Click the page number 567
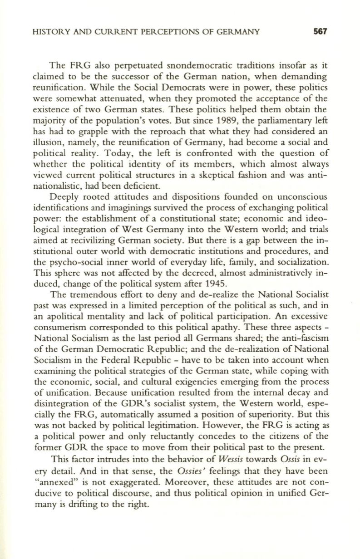pyautogui.click(x=320, y=32)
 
